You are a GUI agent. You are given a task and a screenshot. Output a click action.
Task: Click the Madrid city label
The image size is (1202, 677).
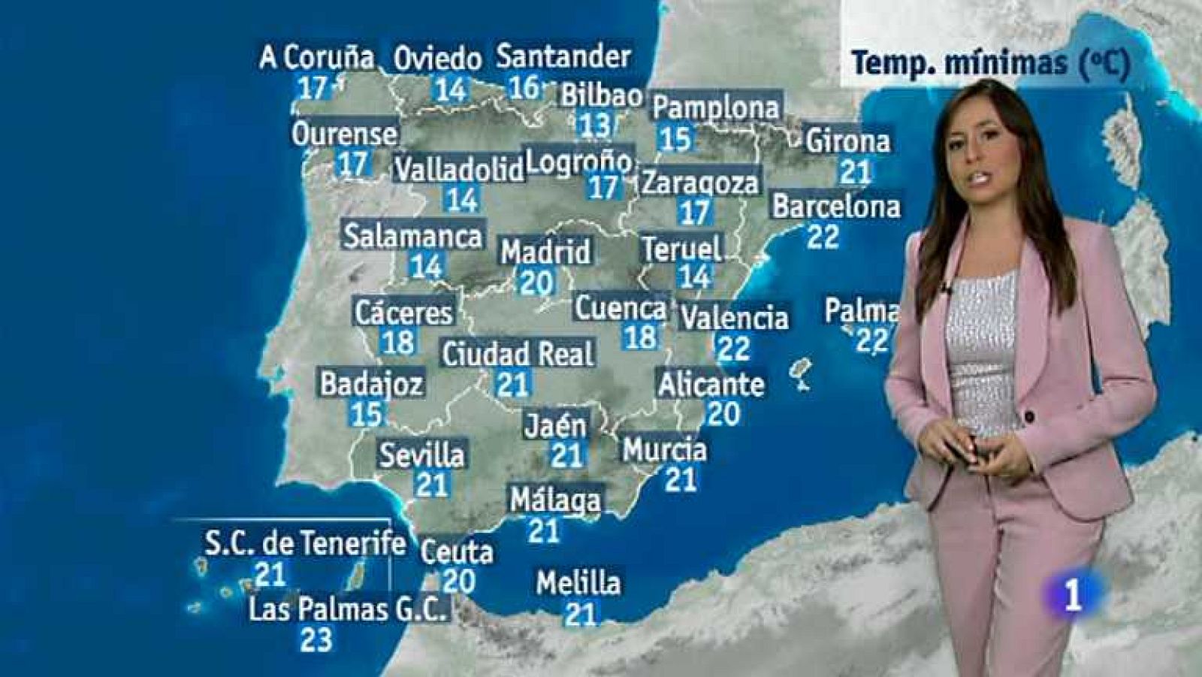[545, 252]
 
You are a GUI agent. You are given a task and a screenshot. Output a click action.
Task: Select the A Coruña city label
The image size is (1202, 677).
[316, 57]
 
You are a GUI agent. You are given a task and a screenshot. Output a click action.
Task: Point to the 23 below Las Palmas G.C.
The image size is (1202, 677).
[316, 640]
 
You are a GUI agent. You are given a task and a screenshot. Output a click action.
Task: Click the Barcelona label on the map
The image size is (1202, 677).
[836, 207]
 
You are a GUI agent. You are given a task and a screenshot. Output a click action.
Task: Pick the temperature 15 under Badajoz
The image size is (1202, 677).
[367, 414]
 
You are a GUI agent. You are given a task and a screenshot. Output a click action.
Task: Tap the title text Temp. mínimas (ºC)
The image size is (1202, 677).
[990, 63]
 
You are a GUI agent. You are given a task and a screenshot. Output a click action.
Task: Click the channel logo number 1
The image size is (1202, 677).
[1073, 596]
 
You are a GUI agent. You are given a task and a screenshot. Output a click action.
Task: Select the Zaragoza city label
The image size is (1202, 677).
[700, 183]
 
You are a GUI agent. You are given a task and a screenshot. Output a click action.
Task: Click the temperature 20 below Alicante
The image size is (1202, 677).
[723, 413]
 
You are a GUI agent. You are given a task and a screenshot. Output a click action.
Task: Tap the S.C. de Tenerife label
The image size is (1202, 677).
[304, 543]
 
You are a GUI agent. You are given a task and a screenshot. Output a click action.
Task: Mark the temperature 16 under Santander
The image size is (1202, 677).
[524, 87]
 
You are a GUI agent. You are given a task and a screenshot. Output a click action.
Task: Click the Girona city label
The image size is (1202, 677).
[847, 141]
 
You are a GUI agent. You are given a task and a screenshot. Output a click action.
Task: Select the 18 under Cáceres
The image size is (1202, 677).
[398, 343]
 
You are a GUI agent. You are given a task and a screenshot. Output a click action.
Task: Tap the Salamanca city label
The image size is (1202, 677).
[413, 236]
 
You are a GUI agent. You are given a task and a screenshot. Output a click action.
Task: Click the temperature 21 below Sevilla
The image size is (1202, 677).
[431, 485]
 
